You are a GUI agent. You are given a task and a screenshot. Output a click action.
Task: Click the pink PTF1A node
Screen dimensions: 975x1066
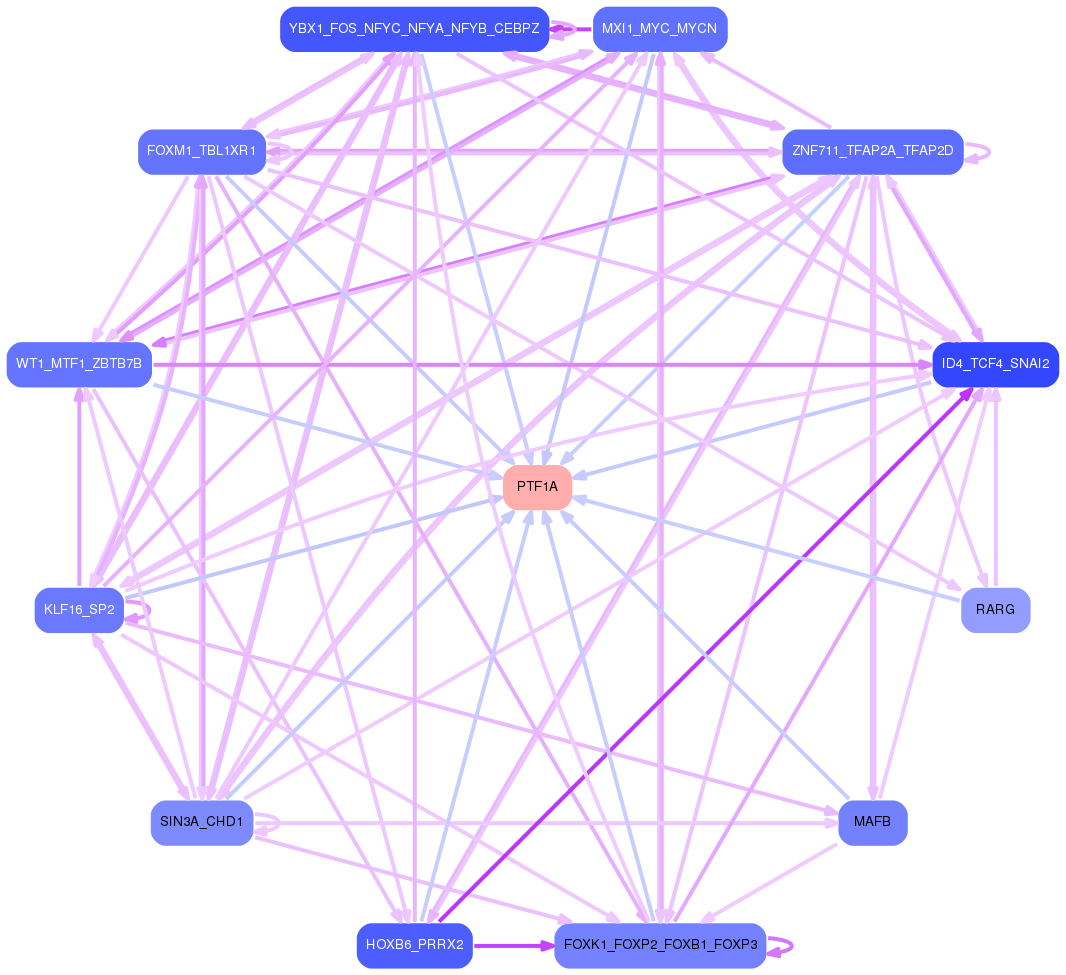coord(537,487)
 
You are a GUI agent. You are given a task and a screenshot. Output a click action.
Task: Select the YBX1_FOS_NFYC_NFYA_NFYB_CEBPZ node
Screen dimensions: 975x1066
coord(414,29)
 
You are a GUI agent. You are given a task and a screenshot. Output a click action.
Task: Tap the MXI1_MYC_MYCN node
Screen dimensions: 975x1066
coord(659,29)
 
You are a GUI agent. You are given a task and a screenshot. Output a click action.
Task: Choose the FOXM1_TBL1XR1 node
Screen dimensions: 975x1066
coord(202,152)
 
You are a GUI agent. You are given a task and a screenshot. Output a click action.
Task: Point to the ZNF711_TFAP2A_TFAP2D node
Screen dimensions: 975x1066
coord(872,152)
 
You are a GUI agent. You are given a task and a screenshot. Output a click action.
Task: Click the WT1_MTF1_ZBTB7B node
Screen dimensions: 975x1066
coord(79,364)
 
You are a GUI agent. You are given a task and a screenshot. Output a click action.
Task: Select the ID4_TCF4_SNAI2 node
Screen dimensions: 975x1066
coord(995,364)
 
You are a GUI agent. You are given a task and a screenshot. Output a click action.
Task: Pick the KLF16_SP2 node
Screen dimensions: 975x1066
coord(79,610)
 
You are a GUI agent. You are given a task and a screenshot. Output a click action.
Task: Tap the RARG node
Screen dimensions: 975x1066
coord(995,610)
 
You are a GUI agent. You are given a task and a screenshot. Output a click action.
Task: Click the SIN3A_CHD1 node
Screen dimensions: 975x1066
coord(202,822)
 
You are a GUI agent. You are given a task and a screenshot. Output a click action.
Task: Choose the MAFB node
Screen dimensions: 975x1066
coord(872,822)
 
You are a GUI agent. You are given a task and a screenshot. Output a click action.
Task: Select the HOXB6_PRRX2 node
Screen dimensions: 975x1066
coord(414,946)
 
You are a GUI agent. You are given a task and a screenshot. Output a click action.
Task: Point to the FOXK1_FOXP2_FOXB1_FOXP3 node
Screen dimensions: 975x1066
coord(659,946)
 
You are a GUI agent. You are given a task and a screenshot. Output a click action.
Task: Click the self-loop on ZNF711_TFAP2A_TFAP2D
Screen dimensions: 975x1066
coord(988,152)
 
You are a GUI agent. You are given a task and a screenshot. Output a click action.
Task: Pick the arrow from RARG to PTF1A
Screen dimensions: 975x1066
coord(770,550)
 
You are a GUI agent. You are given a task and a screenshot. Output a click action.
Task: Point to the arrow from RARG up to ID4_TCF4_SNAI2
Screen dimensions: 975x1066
coord(995,490)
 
